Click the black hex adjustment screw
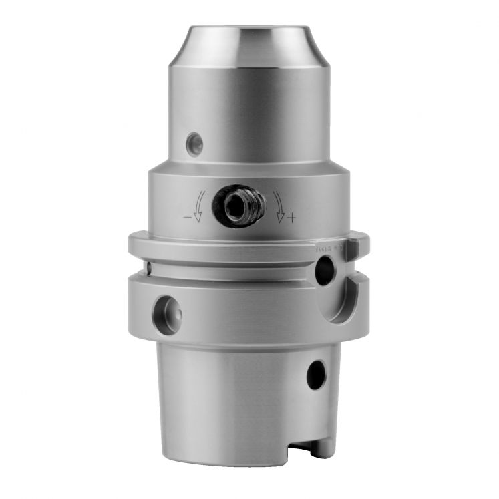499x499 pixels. (x=234, y=206)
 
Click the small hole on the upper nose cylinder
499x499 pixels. (x=194, y=144)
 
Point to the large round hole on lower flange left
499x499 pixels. (x=166, y=314)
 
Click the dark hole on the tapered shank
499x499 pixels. (x=316, y=375)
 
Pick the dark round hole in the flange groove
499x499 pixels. (x=325, y=271)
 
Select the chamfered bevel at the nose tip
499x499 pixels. (x=248, y=47)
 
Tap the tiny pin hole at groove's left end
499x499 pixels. (x=148, y=268)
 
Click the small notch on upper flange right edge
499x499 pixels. (x=353, y=248)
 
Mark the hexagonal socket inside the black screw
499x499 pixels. (x=234, y=207)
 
